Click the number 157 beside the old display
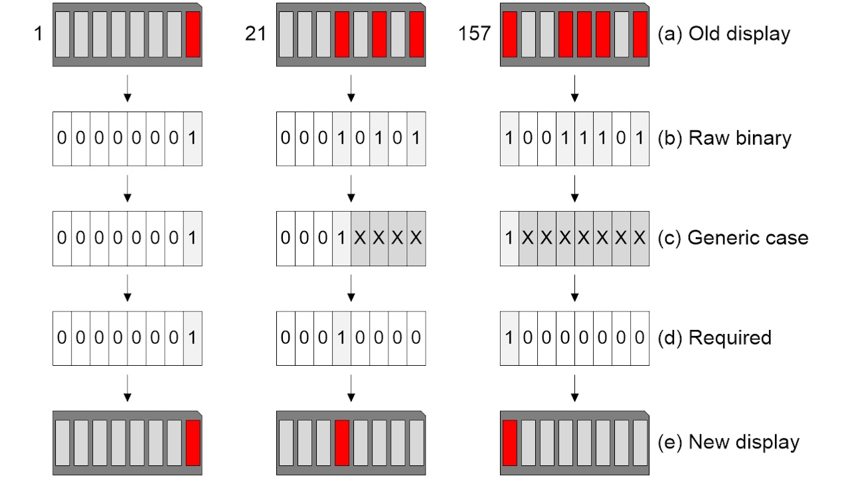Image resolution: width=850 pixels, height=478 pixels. tap(474, 34)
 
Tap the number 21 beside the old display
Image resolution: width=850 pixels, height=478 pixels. tap(256, 34)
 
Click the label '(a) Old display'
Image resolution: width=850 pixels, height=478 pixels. tap(724, 34)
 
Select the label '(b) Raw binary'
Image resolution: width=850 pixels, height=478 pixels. tap(724, 138)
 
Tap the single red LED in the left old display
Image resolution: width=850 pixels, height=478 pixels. tap(193, 34)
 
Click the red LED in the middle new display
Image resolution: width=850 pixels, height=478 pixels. tap(342, 442)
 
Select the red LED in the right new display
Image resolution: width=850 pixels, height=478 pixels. tap(510, 442)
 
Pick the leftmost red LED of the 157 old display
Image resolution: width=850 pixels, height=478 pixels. tap(510, 34)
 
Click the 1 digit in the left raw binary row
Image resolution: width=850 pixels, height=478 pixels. tap(193, 138)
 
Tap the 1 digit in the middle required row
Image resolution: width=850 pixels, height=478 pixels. tap(342, 337)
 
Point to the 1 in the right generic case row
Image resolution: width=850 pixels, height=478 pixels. tap(509, 238)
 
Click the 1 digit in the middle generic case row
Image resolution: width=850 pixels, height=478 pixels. tap(342, 238)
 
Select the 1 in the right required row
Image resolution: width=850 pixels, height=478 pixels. tap(509, 337)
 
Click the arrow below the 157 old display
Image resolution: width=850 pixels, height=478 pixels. tap(575, 89)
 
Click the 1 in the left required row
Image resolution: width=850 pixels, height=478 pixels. tap(193, 337)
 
